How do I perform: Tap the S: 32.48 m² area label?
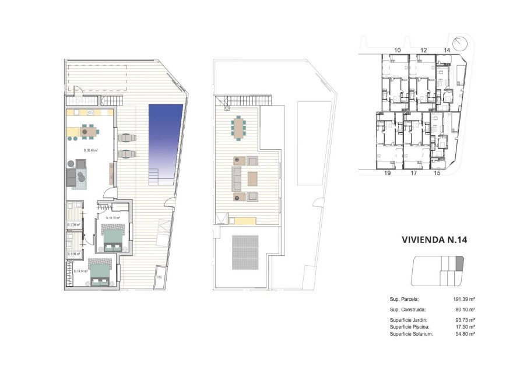coord(90,150)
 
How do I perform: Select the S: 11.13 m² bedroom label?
coord(113,218)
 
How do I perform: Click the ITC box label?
coord(159,278)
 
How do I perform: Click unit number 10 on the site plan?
coord(397,51)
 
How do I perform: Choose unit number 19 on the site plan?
coord(386,173)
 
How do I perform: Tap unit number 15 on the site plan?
coord(437,173)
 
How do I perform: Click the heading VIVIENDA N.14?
coord(435,239)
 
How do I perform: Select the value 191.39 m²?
coord(464,298)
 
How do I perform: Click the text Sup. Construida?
coord(409,309)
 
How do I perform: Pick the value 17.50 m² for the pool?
coord(464,327)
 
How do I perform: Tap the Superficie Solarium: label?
coord(412,334)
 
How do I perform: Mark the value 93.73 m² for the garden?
coord(464,321)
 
